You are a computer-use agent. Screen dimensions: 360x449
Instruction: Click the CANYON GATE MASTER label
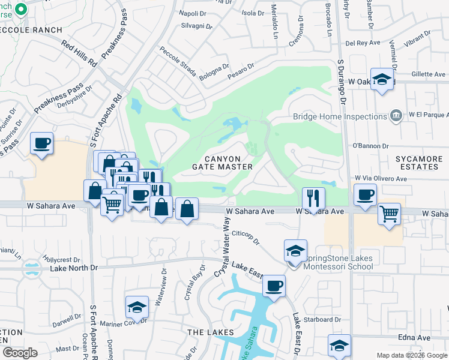tap(221, 161)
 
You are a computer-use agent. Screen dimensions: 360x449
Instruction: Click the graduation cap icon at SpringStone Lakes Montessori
tap(295, 251)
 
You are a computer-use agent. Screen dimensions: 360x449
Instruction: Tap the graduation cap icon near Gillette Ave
tap(382, 80)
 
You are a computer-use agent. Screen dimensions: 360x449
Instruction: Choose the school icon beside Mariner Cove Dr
tap(137, 307)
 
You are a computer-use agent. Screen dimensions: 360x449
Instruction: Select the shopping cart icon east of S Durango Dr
tap(390, 213)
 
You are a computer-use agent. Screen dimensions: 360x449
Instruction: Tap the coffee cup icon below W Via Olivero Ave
tap(365, 194)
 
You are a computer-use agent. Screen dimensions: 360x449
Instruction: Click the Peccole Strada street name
tap(178, 62)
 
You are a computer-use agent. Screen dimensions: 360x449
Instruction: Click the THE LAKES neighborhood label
tap(205, 332)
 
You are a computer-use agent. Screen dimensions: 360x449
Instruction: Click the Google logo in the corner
tap(20, 353)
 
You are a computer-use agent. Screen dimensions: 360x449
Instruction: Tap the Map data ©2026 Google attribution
tap(411, 355)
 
